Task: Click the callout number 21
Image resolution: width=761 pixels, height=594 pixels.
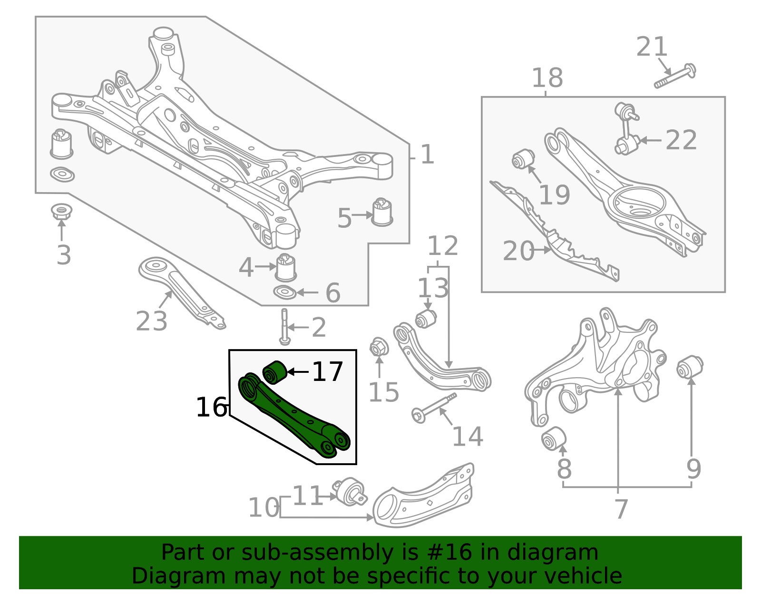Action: tap(652, 47)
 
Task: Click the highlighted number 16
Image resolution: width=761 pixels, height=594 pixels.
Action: tap(211, 408)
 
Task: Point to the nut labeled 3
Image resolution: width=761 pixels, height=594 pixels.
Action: tap(61, 211)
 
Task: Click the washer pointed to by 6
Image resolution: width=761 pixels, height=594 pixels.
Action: tap(285, 292)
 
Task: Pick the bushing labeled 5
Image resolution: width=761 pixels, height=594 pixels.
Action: tap(382, 212)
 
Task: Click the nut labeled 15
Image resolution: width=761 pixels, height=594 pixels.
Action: tap(379, 347)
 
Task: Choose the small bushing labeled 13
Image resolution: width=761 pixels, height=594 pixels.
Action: tap(426, 319)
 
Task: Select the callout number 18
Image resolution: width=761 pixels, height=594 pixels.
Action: tap(547, 78)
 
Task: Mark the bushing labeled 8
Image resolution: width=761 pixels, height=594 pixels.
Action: tap(554, 438)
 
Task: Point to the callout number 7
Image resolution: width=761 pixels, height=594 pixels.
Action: tap(621, 509)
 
